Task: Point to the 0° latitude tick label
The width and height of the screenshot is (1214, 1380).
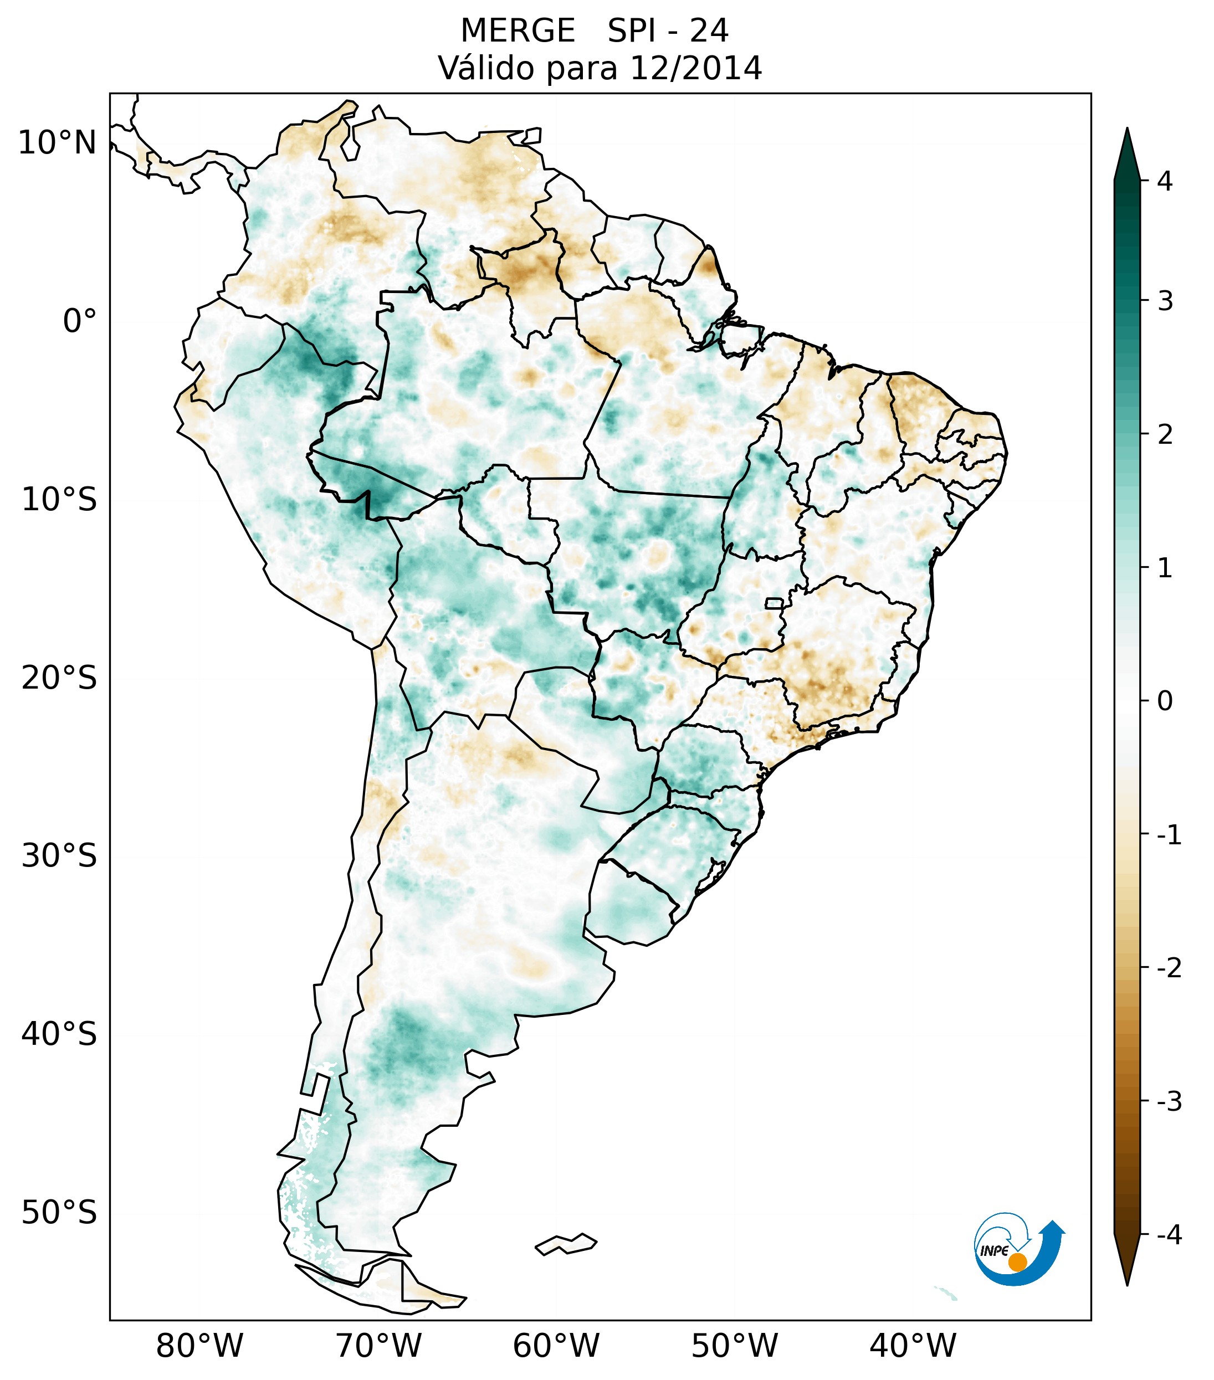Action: [x=80, y=321]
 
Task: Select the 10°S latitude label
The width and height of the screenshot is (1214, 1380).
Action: [x=59, y=500]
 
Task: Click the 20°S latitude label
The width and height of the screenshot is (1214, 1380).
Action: [x=59, y=678]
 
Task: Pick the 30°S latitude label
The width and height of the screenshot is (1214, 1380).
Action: [x=59, y=856]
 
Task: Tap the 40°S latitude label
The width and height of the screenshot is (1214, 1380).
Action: [x=59, y=1034]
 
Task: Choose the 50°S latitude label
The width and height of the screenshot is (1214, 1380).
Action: [x=59, y=1213]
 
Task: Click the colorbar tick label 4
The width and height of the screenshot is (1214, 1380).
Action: [x=1165, y=181]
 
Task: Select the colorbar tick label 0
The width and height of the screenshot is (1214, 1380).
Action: [x=1165, y=701]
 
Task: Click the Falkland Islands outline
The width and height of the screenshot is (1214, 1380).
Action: [x=566, y=1244]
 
